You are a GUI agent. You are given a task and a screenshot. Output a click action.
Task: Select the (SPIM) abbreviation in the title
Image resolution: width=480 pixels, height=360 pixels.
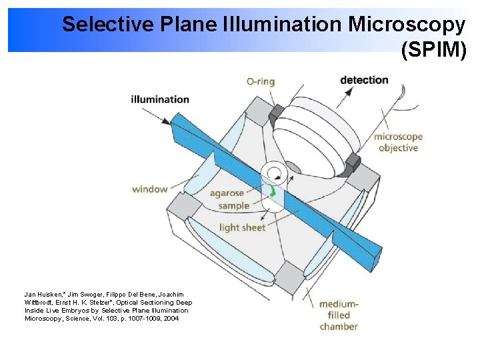[x=433, y=50]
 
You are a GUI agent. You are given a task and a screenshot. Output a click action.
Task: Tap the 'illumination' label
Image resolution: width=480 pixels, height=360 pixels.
[x=160, y=99]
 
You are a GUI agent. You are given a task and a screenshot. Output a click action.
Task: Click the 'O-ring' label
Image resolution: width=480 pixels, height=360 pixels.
[x=260, y=81]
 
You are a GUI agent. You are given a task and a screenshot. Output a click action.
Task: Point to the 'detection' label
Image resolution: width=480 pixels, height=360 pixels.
[x=364, y=80]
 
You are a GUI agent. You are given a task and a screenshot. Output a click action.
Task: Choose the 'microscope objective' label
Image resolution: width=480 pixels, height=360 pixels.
[x=398, y=142]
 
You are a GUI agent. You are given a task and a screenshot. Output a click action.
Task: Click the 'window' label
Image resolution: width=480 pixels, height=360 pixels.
[x=149, y=189]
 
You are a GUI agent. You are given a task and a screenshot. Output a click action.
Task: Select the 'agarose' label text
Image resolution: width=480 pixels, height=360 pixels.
[x=227, y=194]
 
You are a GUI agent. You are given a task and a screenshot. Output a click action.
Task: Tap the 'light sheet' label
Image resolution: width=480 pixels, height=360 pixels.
[x=243, y=227]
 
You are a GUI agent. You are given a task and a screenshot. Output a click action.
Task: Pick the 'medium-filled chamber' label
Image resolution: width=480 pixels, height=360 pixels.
[x=339, y=315]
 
